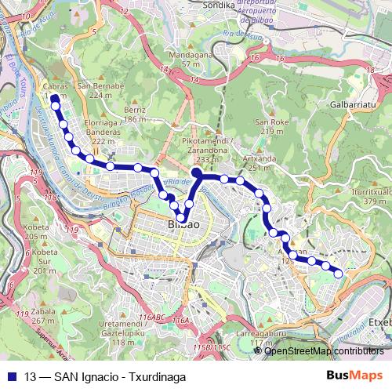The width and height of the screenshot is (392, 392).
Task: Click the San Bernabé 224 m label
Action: [x=107, y=90]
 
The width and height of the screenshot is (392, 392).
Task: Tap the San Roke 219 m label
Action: [x=272, y=126]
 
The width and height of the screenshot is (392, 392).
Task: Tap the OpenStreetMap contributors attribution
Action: [x=323, y=350]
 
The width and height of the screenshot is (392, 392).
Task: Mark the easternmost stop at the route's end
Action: [x=339, y=273]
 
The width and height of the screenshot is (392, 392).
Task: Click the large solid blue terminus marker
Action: [x=196, y=171]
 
